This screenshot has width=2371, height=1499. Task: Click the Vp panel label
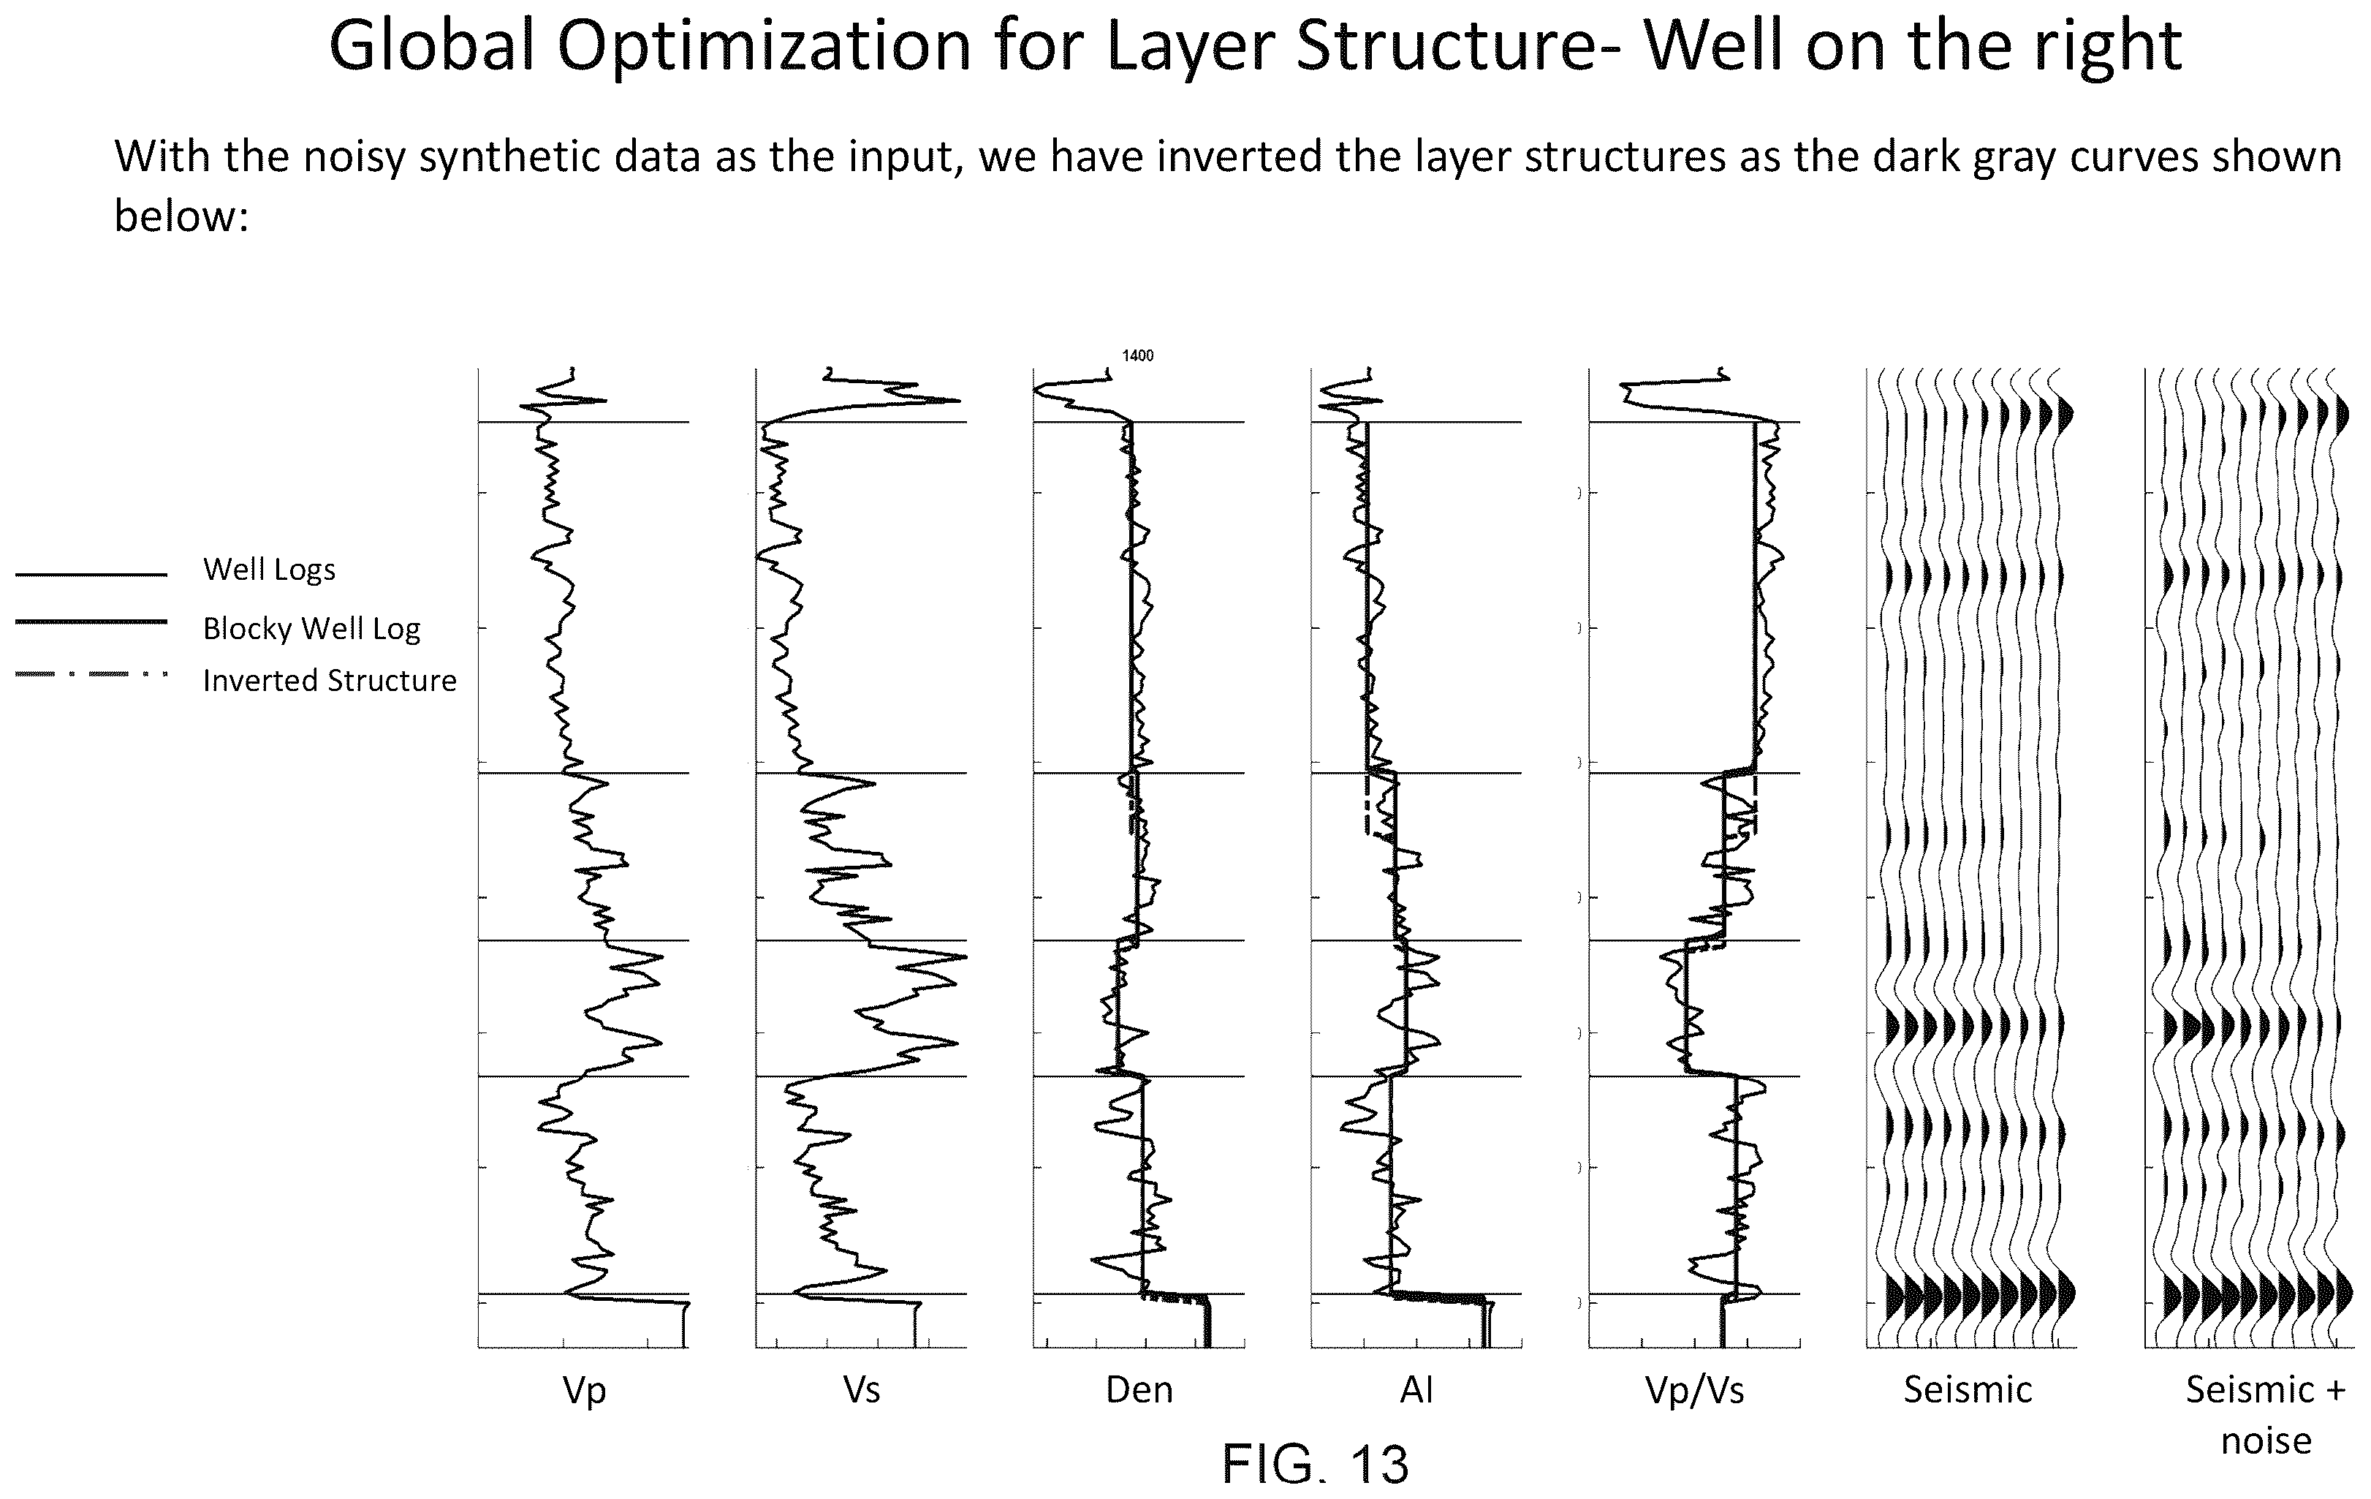click(x=584, y=1391)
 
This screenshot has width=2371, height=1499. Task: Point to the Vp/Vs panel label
click(x=1694, y=1391)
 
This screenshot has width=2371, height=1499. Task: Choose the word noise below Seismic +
click(x=2266, y=1441)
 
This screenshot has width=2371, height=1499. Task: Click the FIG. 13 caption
click(x=1316, y=1464)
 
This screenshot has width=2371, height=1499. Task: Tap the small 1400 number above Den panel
click(x=1137, y=355)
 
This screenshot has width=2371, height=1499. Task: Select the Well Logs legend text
click(x=269, y=570)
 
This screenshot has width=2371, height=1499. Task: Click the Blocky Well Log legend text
click(x=311, y=628)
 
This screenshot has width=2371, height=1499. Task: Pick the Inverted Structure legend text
click(x=330, y=681)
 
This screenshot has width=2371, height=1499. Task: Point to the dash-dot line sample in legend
click(x=91, y=675)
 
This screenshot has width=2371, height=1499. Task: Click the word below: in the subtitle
click(x=181, y=216)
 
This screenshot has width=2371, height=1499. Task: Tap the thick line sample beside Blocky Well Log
click(x=91, y=622)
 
